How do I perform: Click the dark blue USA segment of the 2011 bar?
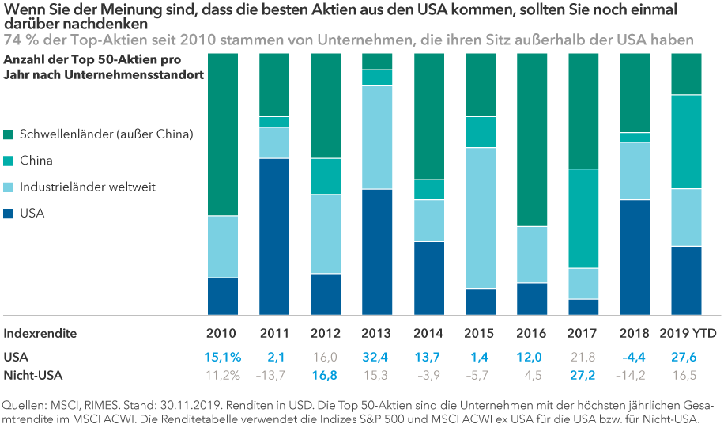tap(274, 236)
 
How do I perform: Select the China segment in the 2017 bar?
tap(583, 218)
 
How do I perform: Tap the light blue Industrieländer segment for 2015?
tap(481, 218)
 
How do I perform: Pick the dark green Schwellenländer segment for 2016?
tap(532, 139)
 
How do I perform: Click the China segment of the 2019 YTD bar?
tap(687, 142)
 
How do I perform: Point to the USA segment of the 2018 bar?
tap(635, 256)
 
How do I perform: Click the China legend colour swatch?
tap(8, 161)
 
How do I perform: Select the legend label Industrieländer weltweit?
tap(87, 187)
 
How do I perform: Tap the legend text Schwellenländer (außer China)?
tap(106, 134)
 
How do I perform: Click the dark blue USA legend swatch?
tap(8, 214)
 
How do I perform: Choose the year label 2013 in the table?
tap(375, 333)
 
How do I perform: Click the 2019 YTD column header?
tap(687, 333)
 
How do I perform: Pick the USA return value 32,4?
tap(375, 357)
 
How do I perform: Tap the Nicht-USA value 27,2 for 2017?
tap(584, 375)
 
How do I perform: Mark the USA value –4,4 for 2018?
tap(635, 357)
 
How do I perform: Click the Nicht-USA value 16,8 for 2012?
tap(325, 375)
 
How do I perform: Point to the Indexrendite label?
tap(40, 333)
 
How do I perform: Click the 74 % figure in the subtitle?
tap(18, 40)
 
